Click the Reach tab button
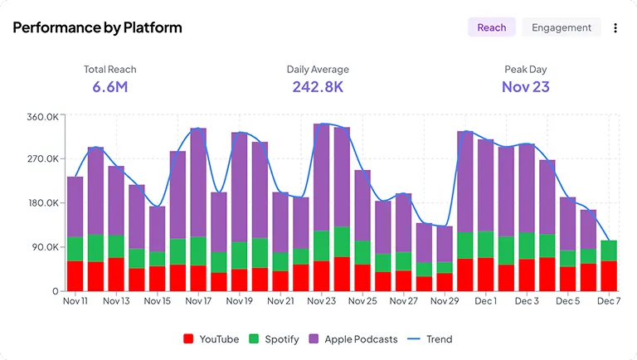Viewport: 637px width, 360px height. point(492,27)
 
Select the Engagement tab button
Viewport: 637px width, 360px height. point(562,27)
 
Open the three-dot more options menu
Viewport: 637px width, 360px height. point(615,28)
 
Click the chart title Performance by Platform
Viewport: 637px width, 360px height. point(97,27)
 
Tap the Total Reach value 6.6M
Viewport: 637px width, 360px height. point(109,86)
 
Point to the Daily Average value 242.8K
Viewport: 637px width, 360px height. point(318,86)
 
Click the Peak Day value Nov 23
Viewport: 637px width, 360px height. point(525,86)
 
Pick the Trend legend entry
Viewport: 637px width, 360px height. point(430,338)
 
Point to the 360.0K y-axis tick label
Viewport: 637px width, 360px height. point(42,117)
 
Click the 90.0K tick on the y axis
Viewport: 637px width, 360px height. point(44,247)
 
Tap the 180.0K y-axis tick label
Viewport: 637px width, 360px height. point(42,203)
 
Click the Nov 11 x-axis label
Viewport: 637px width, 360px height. point(75,301)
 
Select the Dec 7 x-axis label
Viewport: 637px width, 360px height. point(609,301)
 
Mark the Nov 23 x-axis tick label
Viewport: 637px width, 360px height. point(322,301)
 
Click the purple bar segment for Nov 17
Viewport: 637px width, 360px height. point(198,182)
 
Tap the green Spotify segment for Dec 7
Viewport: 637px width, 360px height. point(609,251)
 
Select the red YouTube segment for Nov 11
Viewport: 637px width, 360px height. point(75,275)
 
